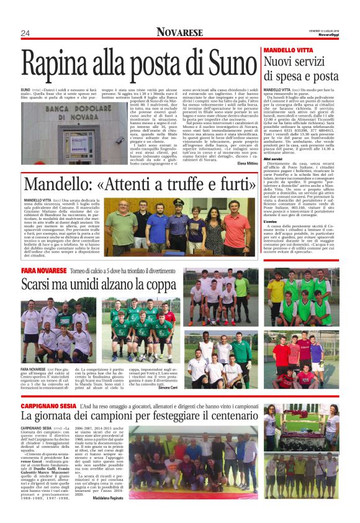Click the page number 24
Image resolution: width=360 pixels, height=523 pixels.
click(x=25, y=33)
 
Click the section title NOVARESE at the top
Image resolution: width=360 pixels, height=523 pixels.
click(x=179, y=32)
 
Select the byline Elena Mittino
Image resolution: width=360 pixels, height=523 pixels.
click(x=246, y=163)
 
